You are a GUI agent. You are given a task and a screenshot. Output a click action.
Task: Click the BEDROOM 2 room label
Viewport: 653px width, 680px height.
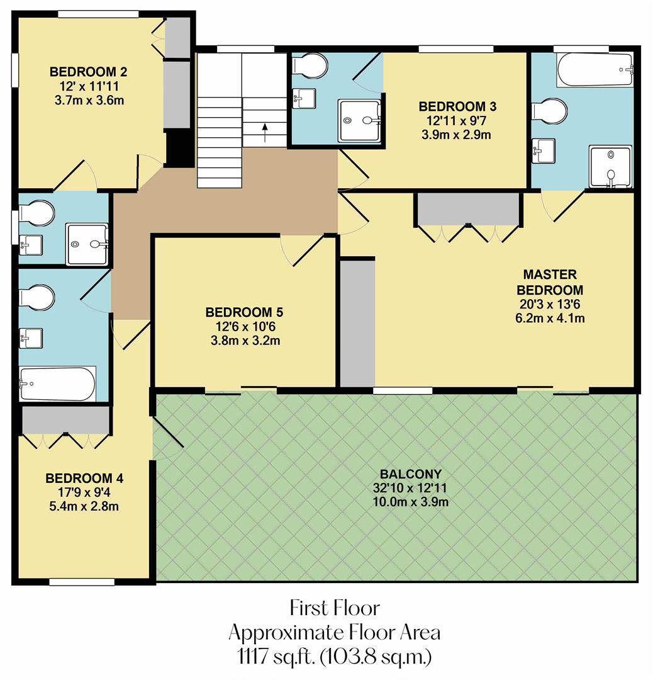click(x=84, y=71)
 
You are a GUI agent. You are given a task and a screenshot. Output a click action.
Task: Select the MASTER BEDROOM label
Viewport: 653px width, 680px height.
click(x=550, y=282)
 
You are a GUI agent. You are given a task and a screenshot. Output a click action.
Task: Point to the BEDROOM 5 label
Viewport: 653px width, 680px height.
click(x=244, y=312)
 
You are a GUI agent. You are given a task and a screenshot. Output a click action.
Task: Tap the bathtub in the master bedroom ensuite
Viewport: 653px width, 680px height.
click(x=594, y=69)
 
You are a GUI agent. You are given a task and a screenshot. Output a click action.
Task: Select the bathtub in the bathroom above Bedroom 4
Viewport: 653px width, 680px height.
click(x=57, y=384)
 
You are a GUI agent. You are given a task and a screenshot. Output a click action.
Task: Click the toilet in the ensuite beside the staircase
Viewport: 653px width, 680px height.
click(x=311, y=65)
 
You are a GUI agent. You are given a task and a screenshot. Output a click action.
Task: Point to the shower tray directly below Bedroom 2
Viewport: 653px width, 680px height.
click(x=88, y=244)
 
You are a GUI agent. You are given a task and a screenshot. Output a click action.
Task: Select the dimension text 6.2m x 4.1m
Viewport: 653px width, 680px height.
click(x=550, y=318)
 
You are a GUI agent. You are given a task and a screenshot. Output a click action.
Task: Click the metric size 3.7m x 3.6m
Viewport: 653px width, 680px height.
click(x=84, y=100)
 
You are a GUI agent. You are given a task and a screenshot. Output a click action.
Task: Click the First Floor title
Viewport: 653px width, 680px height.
click(x=335, y=608)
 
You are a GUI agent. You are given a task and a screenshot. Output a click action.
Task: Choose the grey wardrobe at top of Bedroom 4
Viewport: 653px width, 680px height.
click(x=65, y=420)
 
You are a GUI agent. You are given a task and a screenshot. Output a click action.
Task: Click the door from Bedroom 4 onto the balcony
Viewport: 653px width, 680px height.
click(x=167, y=433)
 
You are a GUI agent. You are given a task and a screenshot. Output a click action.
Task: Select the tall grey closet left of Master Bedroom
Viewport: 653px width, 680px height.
click(x=357, y=322)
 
